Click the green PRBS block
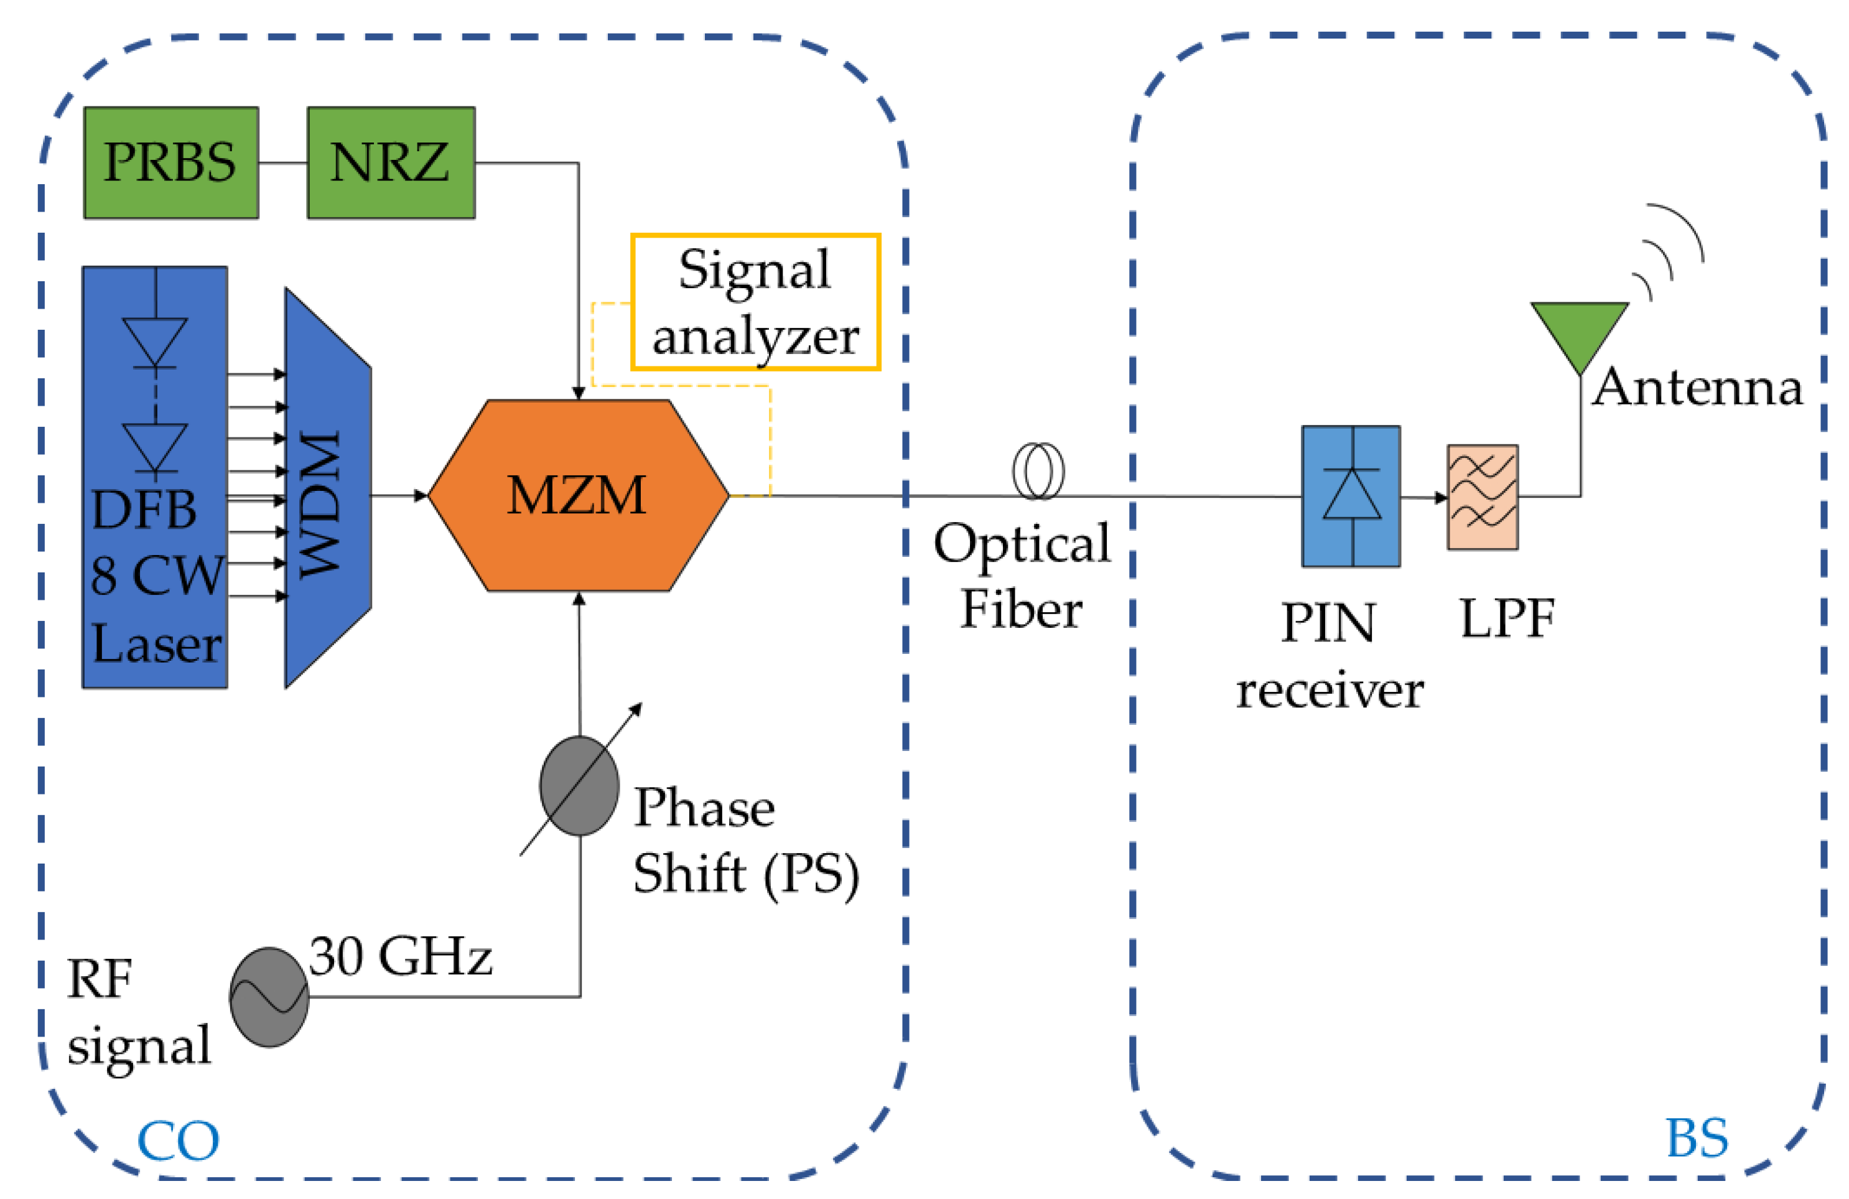pyautogui.click(x=171, y=162)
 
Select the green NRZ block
pyautogui.click(x=391, y=162)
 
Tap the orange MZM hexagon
pyautogui.click(x=578, y=495)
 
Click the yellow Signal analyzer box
pyautogui.click(x=755, y=302)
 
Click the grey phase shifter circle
pyautogui.click(x=580, y=786)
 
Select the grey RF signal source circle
pyautogui.click(x=269, y=997)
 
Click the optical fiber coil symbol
pyautogui.click(x=1038, y=472)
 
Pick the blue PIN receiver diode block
pyautogui.click(x=1351, y=496)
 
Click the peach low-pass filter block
pyautogui.click(x=1483, y=497)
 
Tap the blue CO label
pyautogui.click(x=178, y=1141)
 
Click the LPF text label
pyautogui.click(x=1507, y=618)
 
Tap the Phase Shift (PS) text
pyautogui.click(x=746, y=841)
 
